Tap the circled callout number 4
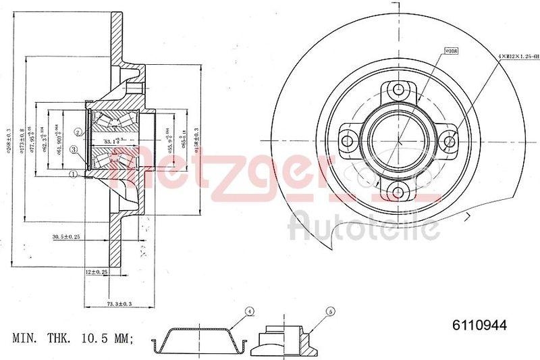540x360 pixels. click(249, 311)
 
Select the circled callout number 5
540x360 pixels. click(330, 311)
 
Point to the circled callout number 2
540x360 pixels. click(78, 132)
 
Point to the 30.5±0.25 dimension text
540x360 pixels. click(67, 236)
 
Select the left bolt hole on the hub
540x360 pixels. click(348, 140)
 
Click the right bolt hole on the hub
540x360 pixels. click(450, 140)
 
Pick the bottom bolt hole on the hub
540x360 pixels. click(399, 191)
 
